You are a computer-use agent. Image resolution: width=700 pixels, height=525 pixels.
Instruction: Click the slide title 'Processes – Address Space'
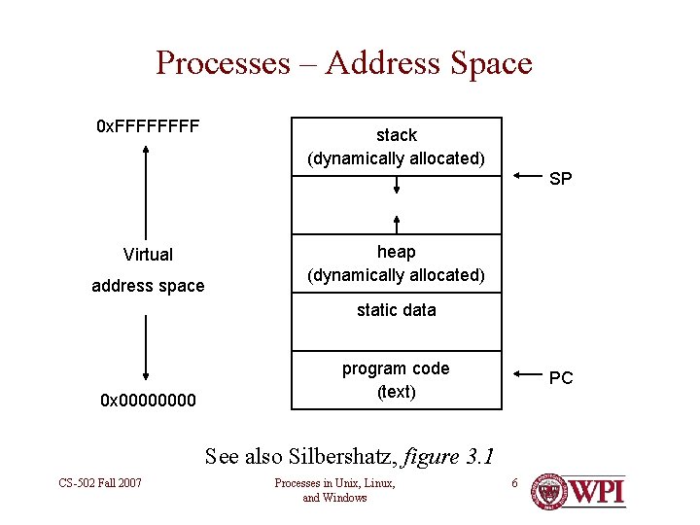coord(343,63)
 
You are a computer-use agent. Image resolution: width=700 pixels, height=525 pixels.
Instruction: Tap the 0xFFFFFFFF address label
coord(148,126)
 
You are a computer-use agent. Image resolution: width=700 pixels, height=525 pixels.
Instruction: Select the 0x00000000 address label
coord(149,400)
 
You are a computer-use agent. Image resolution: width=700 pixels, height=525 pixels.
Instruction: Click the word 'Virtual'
coord(148,255)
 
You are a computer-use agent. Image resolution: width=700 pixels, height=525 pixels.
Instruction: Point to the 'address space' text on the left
coord(148,286)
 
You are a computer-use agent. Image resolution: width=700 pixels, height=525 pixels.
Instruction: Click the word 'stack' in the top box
coord(396,135)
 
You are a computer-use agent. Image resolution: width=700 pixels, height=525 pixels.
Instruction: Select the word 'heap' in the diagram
coord(396,252)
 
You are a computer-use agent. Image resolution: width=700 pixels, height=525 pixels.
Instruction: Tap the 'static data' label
coord(396,310)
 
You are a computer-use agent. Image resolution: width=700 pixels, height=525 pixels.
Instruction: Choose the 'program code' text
coord(396,368)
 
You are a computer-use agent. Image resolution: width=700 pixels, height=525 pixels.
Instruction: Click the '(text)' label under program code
coord(396,392)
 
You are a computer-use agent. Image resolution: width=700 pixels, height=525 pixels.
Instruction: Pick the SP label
coord(560,179)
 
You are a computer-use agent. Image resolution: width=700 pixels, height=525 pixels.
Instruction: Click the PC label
coord(561,378)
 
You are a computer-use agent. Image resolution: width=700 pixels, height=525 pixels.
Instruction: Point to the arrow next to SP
coord(526,176)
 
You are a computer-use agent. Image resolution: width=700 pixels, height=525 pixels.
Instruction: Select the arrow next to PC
coord(526,374)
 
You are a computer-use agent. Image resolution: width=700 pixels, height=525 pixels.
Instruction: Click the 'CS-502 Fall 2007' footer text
coord(100,483)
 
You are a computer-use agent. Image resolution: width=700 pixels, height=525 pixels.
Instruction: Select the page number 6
coord(515,483)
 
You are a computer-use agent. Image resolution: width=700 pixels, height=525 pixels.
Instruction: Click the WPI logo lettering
coord(596,491)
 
